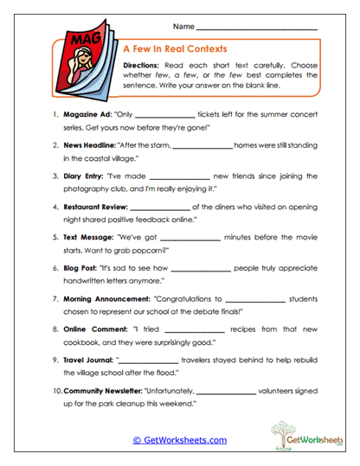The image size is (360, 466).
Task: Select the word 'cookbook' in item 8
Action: [x=81, y=344]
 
